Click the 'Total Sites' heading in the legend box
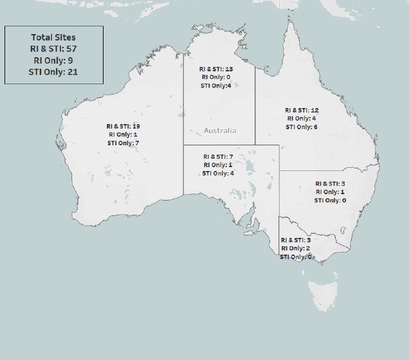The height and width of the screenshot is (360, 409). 53,37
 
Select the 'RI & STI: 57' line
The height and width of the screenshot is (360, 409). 53,49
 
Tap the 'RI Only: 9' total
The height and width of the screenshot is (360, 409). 53,60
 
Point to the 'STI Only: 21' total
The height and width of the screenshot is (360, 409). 53,71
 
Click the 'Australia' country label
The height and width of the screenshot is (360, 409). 220,130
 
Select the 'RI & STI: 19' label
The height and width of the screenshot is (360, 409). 123,127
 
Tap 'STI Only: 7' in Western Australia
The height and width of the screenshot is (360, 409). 123,143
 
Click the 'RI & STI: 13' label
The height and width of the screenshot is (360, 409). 215,69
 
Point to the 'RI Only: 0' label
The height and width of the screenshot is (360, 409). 215,77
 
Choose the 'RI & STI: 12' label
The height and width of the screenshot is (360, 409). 302,110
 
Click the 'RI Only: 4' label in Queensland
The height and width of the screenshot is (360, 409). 302,118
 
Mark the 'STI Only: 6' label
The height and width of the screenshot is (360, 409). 302,127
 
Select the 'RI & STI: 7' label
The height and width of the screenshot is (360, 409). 218,156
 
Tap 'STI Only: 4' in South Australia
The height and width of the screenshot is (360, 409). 218,173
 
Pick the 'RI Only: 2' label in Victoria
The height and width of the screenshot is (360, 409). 296,248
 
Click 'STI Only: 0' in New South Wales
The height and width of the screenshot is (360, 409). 330,200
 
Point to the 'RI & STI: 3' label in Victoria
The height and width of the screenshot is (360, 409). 296,240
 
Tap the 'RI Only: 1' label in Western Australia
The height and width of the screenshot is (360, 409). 123,135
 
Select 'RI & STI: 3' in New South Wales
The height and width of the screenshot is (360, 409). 330,183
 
